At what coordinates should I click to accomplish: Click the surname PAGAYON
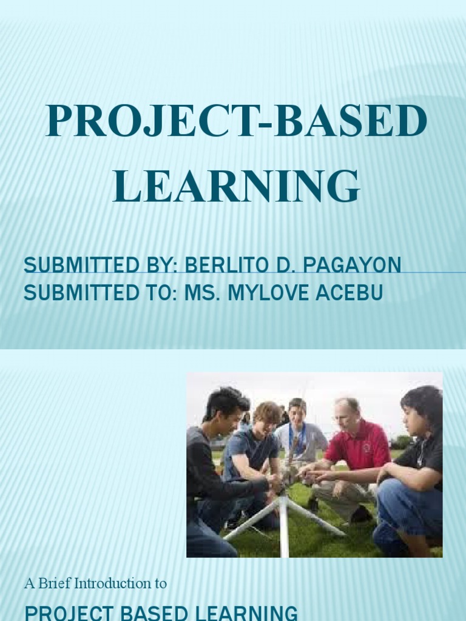(352, 265)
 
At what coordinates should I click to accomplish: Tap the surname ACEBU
(353, 293)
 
